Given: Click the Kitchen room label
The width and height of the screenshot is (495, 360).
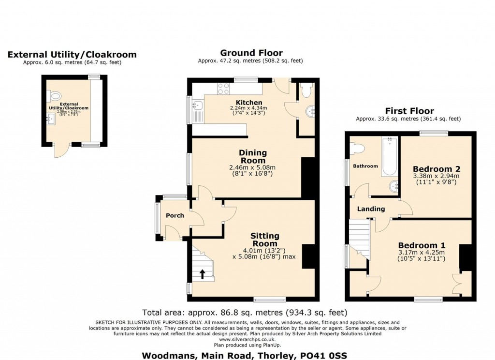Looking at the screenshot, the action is [249, 103].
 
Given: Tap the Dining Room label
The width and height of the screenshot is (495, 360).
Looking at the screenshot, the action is [253, 156].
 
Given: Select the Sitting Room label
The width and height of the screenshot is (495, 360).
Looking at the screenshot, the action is [265, 240].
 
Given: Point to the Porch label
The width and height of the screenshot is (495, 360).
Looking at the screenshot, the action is [175, 215].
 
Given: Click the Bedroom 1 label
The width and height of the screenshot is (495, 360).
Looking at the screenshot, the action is [422, 245].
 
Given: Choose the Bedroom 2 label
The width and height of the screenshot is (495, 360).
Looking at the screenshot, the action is [437, 169].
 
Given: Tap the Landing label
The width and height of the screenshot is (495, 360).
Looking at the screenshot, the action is [371, 209].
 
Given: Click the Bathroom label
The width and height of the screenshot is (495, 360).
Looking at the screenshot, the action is [365, 166].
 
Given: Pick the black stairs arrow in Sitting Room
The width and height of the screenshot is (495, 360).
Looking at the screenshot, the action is [203, 274].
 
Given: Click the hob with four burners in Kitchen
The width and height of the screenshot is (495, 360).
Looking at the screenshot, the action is [223, 89].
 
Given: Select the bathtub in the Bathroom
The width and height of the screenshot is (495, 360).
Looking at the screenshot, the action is [390, 156].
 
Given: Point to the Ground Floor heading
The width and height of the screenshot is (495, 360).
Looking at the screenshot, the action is [251, 53].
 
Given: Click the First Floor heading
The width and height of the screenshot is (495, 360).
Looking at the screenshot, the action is [409, 111].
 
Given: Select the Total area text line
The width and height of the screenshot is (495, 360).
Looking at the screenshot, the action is [245, 313].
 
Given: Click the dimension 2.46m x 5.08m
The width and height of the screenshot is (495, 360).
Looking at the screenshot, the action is [252, 167].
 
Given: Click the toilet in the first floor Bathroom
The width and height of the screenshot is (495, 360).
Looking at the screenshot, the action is [357, 148].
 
